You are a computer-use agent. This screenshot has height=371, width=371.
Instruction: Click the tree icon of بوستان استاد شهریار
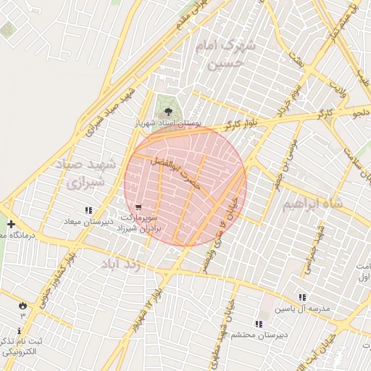click(168, 112)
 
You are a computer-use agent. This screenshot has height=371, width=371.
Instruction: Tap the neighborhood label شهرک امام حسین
click(227, 54)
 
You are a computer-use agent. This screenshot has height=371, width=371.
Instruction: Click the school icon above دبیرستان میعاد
click(88, 210)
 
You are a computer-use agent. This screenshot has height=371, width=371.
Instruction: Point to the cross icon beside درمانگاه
click(10, 225)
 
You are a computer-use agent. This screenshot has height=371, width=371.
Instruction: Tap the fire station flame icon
click(22, 305)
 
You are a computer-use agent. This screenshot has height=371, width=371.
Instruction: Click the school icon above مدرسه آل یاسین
click(301, 297)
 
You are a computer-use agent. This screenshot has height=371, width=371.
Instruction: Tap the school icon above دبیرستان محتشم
click(258, 323)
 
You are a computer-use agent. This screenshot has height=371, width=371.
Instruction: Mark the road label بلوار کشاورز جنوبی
click(57, 282)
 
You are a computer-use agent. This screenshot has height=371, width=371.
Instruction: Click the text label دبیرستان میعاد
click(89, 221)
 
